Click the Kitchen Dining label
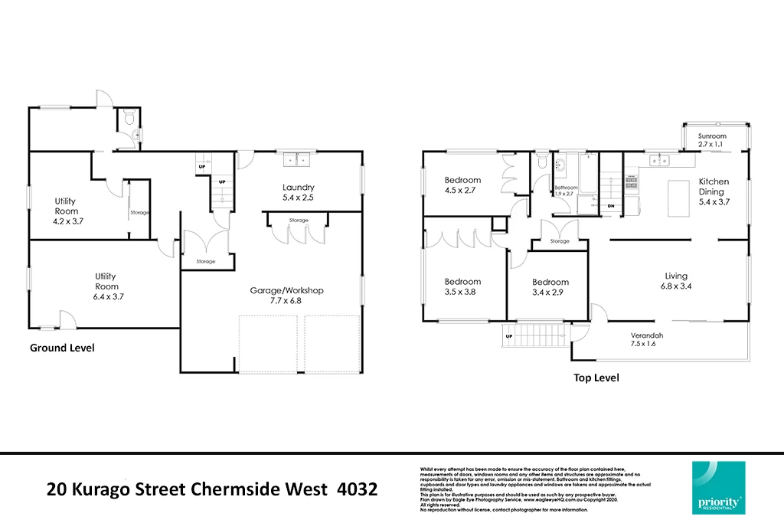[714, 187]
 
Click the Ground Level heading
[62, 348]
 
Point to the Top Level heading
[596, 378]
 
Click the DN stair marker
[610, 206]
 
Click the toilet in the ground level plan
[129, 119]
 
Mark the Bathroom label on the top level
[566, 188]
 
